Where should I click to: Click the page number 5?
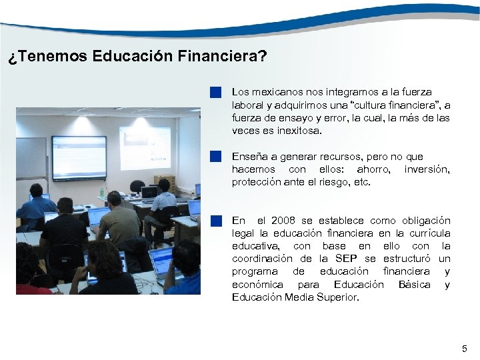tap(465, 349)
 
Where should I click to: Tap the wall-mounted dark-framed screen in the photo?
tap(79, 158)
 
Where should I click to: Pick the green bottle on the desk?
tap(102, 192)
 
